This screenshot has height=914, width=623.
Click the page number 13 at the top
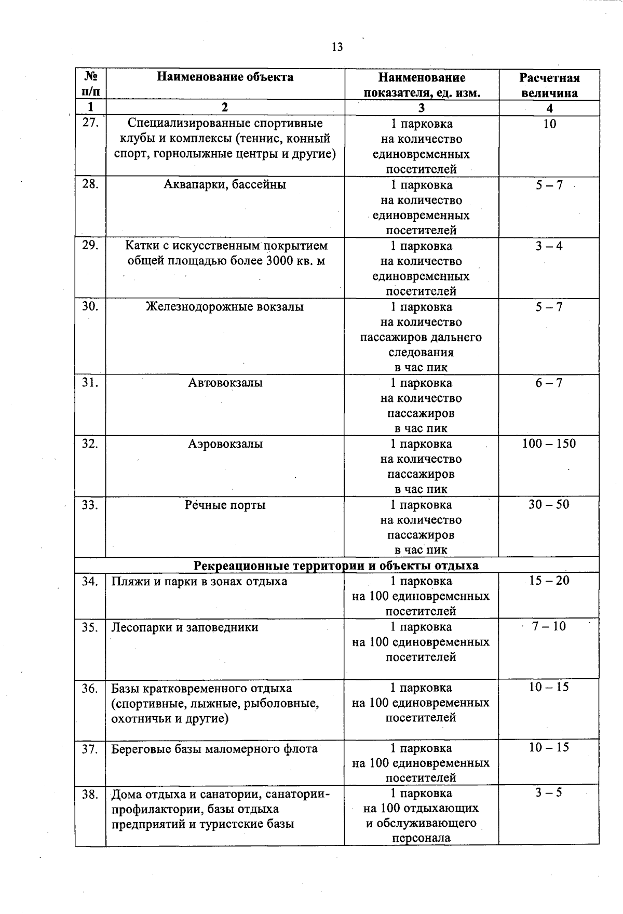[337, 47]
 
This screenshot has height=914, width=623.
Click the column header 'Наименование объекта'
[225, 77]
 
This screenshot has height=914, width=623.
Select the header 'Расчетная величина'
[549, 86]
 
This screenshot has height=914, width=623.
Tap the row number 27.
[90, 124]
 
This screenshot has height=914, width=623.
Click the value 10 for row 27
[549, 124]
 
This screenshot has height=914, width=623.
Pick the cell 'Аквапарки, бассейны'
[225, 185]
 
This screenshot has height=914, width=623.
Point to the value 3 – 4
[549, 246]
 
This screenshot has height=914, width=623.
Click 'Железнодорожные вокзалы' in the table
[225, 307]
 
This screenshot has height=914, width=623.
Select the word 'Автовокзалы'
[225, 383]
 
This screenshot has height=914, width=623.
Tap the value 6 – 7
[549, 383]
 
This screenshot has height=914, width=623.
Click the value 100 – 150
[549, 444]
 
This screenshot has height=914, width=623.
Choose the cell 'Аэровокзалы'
[225, 444]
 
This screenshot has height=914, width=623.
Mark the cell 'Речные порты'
[225, 505]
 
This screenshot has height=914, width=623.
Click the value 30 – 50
[549, 505]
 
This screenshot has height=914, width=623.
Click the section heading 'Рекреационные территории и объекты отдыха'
[336, 566]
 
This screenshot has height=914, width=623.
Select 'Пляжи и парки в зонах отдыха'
[199, 581]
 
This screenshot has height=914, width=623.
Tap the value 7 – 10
[549, 626]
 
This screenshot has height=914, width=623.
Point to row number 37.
[90, 749]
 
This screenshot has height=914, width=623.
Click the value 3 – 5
[549, 793]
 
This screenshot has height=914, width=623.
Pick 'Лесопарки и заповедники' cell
[185, 627]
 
